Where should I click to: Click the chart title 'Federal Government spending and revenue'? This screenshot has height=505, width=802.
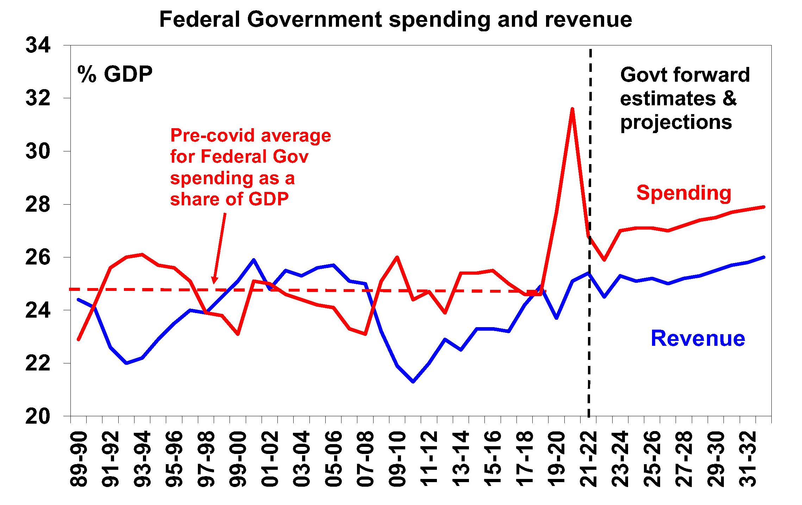[x=395, y=19]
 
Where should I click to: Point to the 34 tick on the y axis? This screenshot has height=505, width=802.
[x=38, y=45]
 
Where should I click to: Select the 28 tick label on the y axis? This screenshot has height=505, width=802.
[x=38, y=204]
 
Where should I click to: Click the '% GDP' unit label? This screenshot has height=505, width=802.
[x=115, y=74]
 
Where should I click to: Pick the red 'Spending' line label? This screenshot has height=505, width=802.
[x=684, y=193]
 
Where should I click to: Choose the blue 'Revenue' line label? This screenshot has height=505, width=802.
[x=698, y=338]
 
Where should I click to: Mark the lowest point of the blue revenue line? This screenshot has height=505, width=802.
[x=413, y=382]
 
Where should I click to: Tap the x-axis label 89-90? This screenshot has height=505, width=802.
[x=79, y=459]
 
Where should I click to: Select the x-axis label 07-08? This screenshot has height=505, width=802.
[x=365, y=459]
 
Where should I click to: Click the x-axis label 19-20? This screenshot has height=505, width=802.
[x=557, y=459]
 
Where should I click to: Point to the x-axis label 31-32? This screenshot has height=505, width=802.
[x=748, y=459]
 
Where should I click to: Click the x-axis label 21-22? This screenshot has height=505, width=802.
[x=588, y=459]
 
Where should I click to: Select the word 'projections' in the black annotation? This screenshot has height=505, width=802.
[x=676, y=123]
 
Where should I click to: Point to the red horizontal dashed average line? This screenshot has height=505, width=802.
[x=141, y=289]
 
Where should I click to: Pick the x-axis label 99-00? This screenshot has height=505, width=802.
[x=238, y=459]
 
